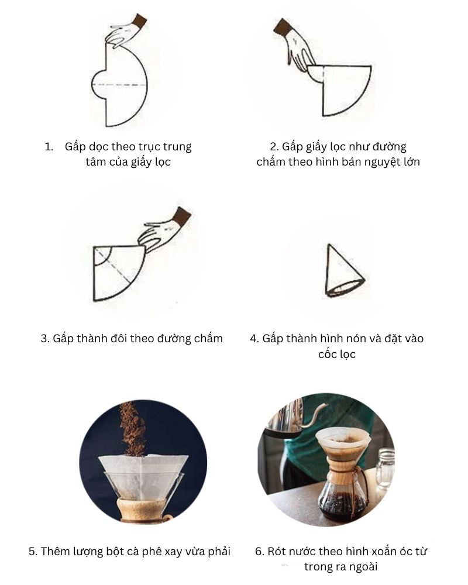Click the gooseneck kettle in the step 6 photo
(x=287, y=418)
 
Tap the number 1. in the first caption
(x=49, y=146)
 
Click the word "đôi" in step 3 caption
(x=122, y=338)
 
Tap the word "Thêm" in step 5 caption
(x=56, y=551)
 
